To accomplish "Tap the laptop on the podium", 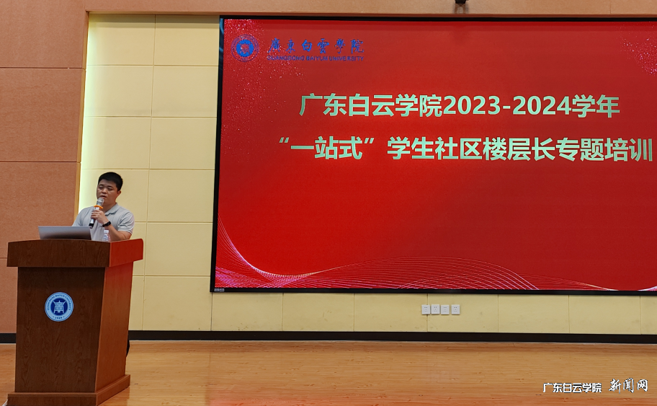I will (x=65, y=232).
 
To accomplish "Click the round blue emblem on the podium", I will (x=59, y=306).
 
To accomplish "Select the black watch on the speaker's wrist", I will (x=107, y=224).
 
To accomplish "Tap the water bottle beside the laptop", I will (x=106, y=234).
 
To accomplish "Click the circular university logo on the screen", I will (x=245, y=48).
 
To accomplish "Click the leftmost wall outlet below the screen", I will (x=426, y=309).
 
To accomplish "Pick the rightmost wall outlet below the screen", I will (x=455, y=309).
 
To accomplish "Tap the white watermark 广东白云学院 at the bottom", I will (x=572, y=387).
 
